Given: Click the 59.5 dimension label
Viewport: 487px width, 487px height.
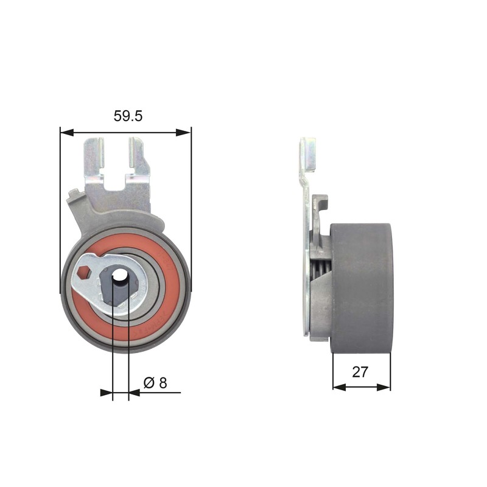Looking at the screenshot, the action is pyautogui.click(x=128, y=116).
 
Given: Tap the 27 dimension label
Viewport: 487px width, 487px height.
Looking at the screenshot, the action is pyautogui.click(x=360, y=372).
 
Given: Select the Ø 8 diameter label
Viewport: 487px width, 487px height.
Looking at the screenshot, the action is pyautogui.click(x=155, y=383).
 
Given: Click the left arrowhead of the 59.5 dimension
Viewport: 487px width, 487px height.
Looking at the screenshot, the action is pyautogui.click(x=67, y=133).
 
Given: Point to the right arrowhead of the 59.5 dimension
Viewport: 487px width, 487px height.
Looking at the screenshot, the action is pyautogui.click(x=183, y=133).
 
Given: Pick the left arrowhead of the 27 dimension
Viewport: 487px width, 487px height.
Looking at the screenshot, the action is pyautogui.click(x=339, y=387).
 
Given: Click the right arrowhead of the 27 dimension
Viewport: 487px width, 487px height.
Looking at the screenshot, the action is pyautogui.click(x=384, y=387).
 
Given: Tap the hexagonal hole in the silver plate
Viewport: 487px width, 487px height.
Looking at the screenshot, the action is pyautogui.click(x=83, y=273).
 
